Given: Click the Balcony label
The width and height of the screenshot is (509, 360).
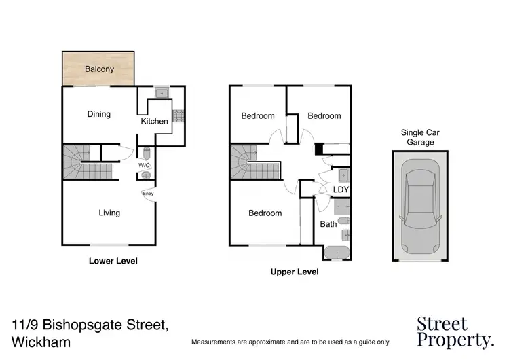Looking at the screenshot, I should click(x=99, y=69).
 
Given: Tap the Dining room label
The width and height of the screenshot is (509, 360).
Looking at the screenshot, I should click(x=99, y=114).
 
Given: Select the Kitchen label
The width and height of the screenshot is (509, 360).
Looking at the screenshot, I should click(x=154, y=122).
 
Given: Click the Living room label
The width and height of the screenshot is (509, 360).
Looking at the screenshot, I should click(x=109, y=213).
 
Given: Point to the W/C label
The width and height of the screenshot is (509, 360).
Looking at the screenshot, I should click(x=145, y=165).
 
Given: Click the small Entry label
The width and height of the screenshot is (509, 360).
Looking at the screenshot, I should click(x=148, y=194).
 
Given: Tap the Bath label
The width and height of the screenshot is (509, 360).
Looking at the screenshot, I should click(x=328, y=224).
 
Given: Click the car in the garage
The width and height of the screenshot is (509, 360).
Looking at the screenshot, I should click(x=420, y=208).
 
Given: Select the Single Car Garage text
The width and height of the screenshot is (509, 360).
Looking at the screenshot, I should click(x=420, y=137).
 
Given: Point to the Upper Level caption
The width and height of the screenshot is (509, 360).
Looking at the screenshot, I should click(x=295, y=272).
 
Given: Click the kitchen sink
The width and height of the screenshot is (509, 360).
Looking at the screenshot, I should click(x=162, y=93).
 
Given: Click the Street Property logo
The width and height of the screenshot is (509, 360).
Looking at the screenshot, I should click(x=455, y=331).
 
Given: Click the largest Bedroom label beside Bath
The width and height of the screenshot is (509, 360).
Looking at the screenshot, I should click(x=265, y=213).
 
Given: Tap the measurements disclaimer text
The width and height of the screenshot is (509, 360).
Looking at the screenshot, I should click(x=290, y=342).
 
